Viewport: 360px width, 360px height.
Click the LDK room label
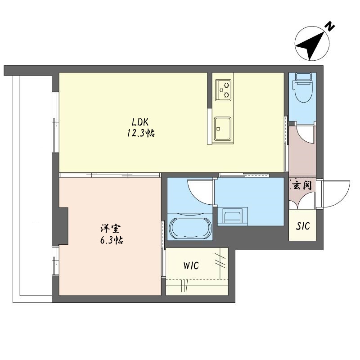140,122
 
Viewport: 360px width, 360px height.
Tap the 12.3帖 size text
141,133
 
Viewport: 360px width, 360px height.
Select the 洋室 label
110,229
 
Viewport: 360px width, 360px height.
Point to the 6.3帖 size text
112,240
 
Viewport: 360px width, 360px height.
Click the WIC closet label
191,265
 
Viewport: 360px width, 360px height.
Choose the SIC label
303,226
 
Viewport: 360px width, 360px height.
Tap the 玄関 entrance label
302,185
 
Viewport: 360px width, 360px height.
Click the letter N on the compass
330,26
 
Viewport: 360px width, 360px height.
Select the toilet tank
303,76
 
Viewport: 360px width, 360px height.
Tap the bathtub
190,228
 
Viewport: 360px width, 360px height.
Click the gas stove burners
223,90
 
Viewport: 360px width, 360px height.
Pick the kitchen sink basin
223,129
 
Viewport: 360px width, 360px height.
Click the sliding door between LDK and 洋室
110,175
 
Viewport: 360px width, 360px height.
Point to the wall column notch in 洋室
63,226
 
